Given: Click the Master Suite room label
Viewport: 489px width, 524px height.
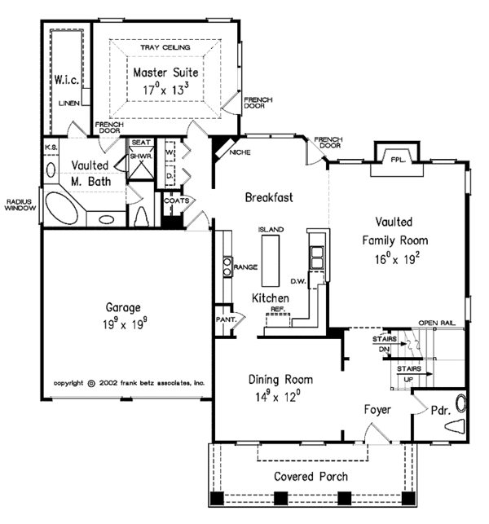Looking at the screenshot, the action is (165, 73).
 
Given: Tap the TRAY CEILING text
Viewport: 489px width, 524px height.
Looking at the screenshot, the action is (165, 47).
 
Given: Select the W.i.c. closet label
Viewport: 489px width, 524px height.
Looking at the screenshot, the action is (67, 80).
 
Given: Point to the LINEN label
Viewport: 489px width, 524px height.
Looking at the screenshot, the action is (69, 103).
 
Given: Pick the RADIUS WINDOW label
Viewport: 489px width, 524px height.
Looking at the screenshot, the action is (20, 205).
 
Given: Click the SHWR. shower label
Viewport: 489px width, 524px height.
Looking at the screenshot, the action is (141, 156).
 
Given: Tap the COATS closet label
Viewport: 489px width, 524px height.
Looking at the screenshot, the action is (177, 200).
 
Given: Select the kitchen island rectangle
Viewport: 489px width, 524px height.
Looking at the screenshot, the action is (271, 261).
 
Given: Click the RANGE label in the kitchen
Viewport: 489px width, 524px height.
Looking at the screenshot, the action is (245, 267).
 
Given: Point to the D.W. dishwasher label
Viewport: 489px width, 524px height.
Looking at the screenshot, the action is (298, 281).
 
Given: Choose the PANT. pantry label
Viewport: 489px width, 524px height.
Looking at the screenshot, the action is (227, 319).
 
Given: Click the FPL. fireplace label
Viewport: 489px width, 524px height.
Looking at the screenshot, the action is (398, 160).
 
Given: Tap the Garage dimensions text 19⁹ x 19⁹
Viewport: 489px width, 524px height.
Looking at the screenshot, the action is (125, 324).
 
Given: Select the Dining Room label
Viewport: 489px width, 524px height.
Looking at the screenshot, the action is (280, 380).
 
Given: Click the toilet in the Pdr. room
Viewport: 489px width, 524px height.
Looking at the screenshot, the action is (455, 426).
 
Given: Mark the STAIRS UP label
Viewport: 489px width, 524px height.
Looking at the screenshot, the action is (409, 374).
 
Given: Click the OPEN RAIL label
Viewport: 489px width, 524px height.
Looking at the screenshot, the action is (437, 323).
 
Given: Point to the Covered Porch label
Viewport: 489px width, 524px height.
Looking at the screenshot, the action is (311, 476).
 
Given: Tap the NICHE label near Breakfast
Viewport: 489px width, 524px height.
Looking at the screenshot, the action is (240, 152).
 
